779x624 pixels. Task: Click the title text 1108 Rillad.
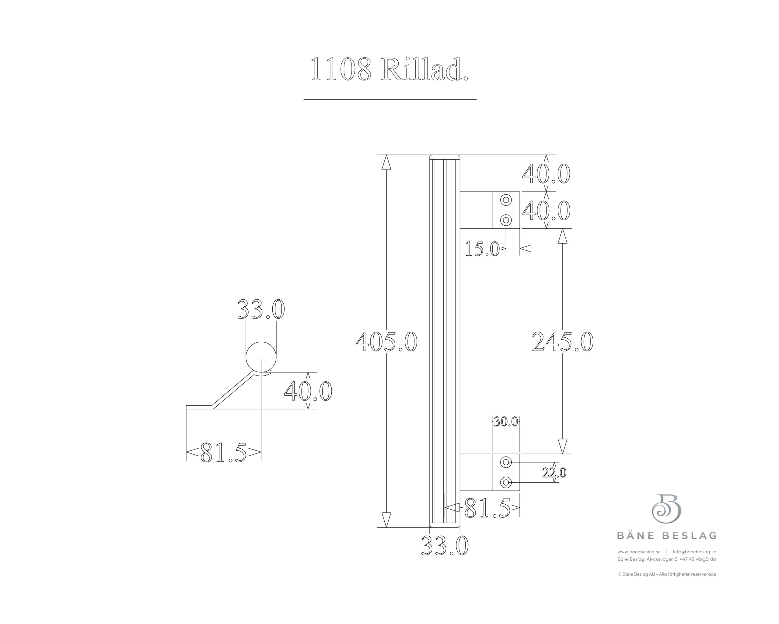point(389,69)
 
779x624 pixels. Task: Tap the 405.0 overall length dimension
point(386,342)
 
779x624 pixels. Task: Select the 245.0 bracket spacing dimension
point(563,342)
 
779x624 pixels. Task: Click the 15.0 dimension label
point(482,249)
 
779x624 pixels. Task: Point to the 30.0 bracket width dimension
point(506,421)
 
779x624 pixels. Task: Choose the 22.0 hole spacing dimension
point(554,473)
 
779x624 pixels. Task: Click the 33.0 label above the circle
point(261,309)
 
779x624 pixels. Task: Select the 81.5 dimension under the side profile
point(224,452)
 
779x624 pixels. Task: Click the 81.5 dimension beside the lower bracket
point(487,508)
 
